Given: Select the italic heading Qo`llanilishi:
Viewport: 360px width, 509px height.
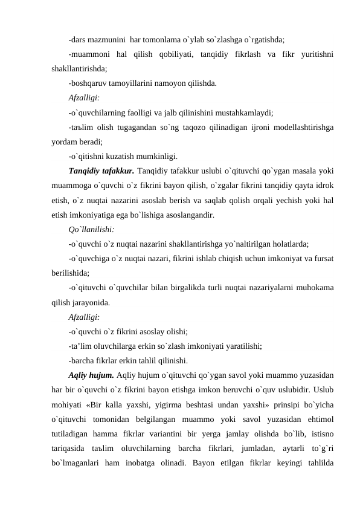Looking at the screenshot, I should (x=90, y=230).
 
